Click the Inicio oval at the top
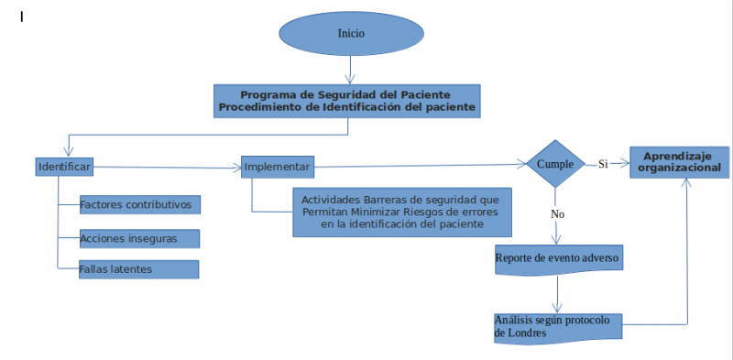click(351, 33)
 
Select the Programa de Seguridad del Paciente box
click(347, 101)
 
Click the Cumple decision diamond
click(555, 164)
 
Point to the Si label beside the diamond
click(603, 164)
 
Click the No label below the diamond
click(556, 213)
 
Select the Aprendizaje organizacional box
click(679, 162)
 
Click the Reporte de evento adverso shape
click(559, 258)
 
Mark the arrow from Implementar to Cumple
click(417, 166)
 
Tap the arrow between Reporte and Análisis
click(557, 293)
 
